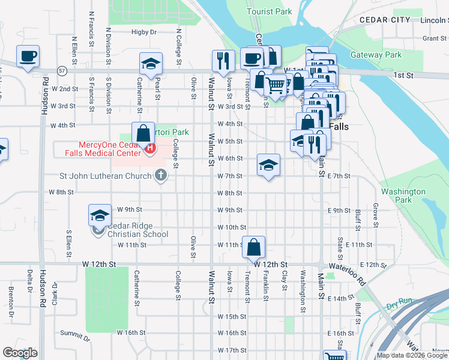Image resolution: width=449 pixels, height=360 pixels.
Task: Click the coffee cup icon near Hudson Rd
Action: (x=28, y=57)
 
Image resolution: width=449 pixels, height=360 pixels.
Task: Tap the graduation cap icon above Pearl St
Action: (x=151, y=64)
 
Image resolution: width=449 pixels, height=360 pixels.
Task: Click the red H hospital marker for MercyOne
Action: (x=151, y=147)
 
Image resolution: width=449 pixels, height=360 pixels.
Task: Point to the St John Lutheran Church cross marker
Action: (x=160, y=176)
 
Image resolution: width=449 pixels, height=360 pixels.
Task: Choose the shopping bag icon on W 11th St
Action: (x=254, y=246)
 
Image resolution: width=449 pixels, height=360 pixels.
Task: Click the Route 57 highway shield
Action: (x=62, y=71)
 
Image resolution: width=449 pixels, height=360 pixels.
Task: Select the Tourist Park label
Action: (x=270, y=11)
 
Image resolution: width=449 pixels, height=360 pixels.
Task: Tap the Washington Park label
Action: (x=403, y=196)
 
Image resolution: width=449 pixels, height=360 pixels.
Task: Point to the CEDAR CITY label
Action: (x=385, y=20)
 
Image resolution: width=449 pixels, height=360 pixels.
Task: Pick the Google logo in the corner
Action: (x=20, y=353)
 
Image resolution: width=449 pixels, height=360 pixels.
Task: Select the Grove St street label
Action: (x=376, y=217)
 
